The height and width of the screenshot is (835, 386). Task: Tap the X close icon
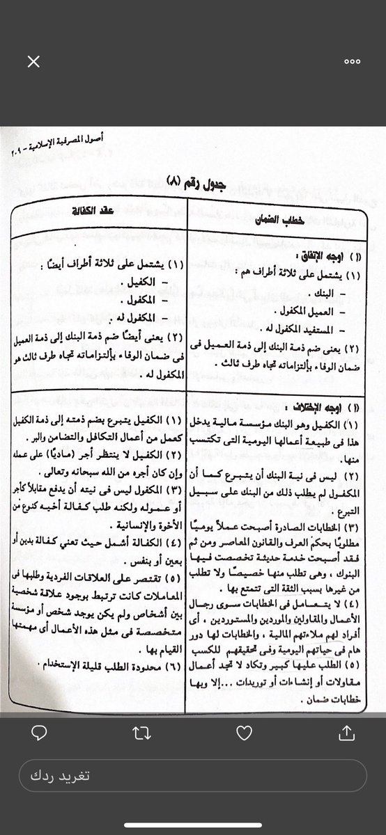point(33,62)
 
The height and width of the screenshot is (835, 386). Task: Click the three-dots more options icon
point(352,62)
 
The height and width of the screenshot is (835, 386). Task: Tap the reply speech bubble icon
point(39,732)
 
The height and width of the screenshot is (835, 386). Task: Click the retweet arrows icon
point(141,732)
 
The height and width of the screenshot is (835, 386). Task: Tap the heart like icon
point(244,732)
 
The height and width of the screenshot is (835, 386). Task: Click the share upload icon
point(346,732)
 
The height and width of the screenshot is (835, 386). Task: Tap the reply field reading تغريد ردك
point(193,776)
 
